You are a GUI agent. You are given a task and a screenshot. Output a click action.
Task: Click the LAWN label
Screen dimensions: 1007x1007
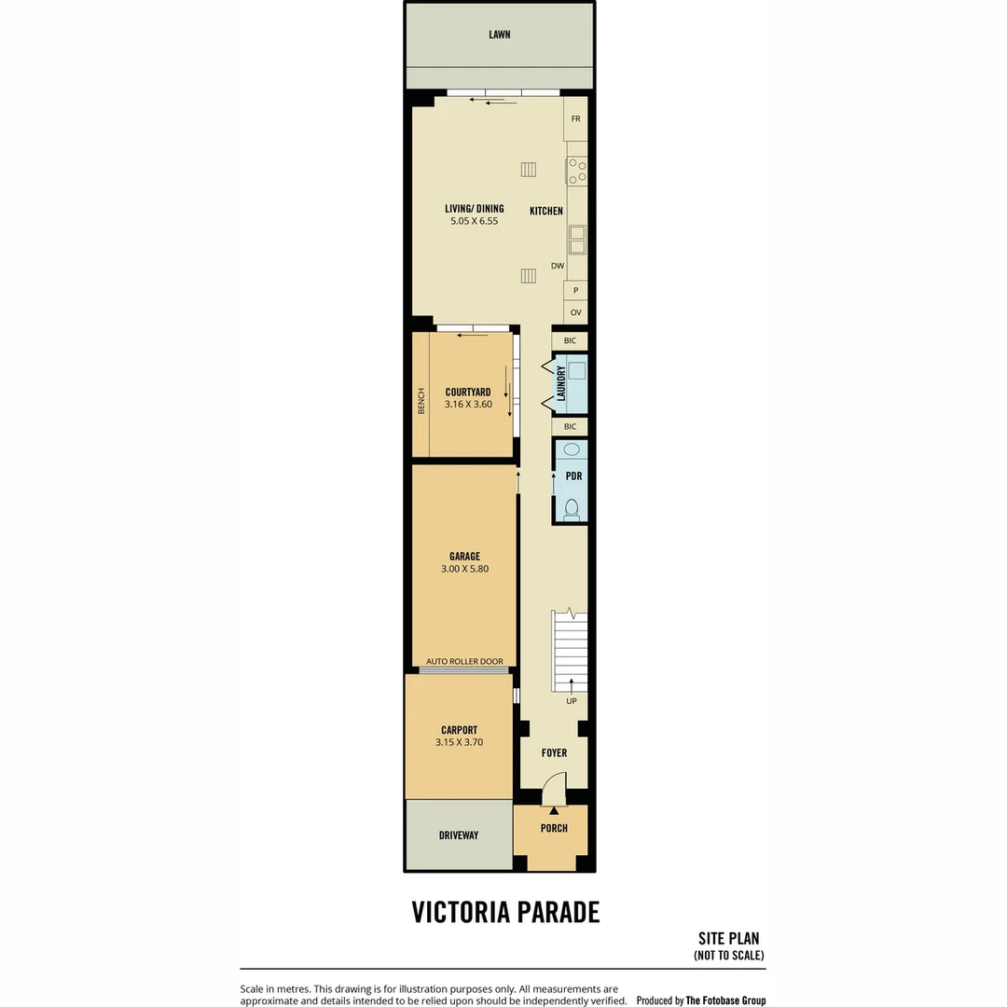[x=499, y=34]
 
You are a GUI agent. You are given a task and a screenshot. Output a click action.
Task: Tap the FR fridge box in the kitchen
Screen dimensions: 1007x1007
[x=575, y=118]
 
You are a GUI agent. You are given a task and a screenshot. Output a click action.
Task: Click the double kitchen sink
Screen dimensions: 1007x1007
[x=577, y=240]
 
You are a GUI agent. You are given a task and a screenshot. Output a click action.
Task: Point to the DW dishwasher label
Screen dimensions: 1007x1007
[x=558, y=266]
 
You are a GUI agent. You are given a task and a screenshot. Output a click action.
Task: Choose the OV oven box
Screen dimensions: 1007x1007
[x=575, y=312]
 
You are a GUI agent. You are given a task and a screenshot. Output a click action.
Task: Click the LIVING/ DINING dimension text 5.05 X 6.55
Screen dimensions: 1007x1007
[x=474, y=221]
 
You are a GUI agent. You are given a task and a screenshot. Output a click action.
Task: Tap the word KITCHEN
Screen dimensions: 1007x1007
[x=545, y=211]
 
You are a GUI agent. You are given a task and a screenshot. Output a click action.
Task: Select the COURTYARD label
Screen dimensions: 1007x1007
[x=467, y=392]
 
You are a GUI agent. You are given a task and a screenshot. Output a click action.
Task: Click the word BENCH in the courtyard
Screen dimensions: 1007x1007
[x=421, y=401]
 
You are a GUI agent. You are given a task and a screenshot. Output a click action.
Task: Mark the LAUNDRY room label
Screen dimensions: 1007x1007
[x=561, y=383]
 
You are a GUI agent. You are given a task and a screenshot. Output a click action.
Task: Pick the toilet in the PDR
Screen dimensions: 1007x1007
[x=571, y=510]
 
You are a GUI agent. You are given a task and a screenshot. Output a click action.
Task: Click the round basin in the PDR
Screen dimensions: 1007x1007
[x=571, y=448]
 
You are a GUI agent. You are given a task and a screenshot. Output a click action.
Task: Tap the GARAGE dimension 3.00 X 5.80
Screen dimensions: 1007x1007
[x=464, y=569]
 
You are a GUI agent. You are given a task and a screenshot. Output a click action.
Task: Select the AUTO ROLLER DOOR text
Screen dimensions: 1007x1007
[x=464, y=661]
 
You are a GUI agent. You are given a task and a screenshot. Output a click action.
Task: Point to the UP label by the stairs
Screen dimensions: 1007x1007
[x=571, y=701]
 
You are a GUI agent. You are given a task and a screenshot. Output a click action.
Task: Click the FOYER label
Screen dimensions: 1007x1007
[x=554, y=752]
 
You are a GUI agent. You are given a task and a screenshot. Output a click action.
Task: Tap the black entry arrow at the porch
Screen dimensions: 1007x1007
[x=554, y=810]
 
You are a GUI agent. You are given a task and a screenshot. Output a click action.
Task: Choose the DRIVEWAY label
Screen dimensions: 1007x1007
[x=459, y=835]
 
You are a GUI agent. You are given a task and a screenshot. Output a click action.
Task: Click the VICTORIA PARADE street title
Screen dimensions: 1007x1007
[x=505, y=912]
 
